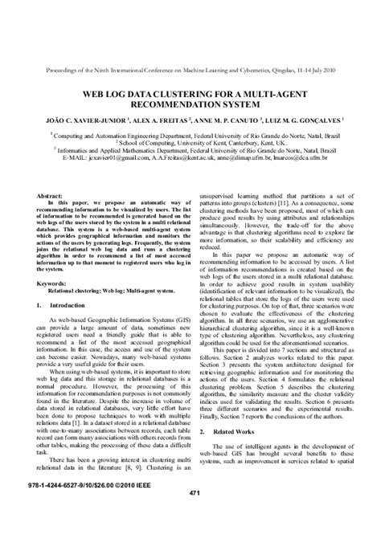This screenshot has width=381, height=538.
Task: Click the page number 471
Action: point(194,515)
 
